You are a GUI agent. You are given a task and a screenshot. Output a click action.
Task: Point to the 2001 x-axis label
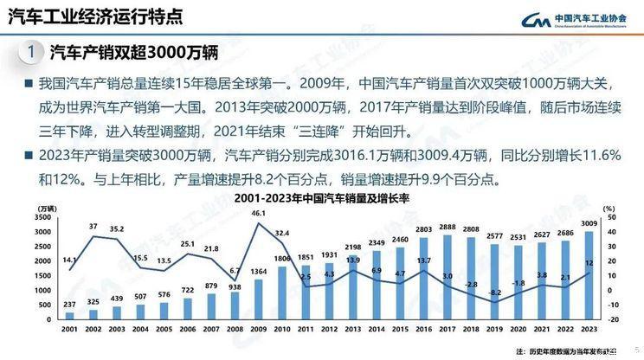[70, 330]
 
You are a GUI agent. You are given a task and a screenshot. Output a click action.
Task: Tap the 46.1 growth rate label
[259, 212]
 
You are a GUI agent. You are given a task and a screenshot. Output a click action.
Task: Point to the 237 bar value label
[70, 304]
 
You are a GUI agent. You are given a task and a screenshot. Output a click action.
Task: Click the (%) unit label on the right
[608, 208]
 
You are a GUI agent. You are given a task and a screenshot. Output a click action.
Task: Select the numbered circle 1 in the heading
[32, 53]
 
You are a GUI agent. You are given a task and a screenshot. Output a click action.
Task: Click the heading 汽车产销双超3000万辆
[132, 53]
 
